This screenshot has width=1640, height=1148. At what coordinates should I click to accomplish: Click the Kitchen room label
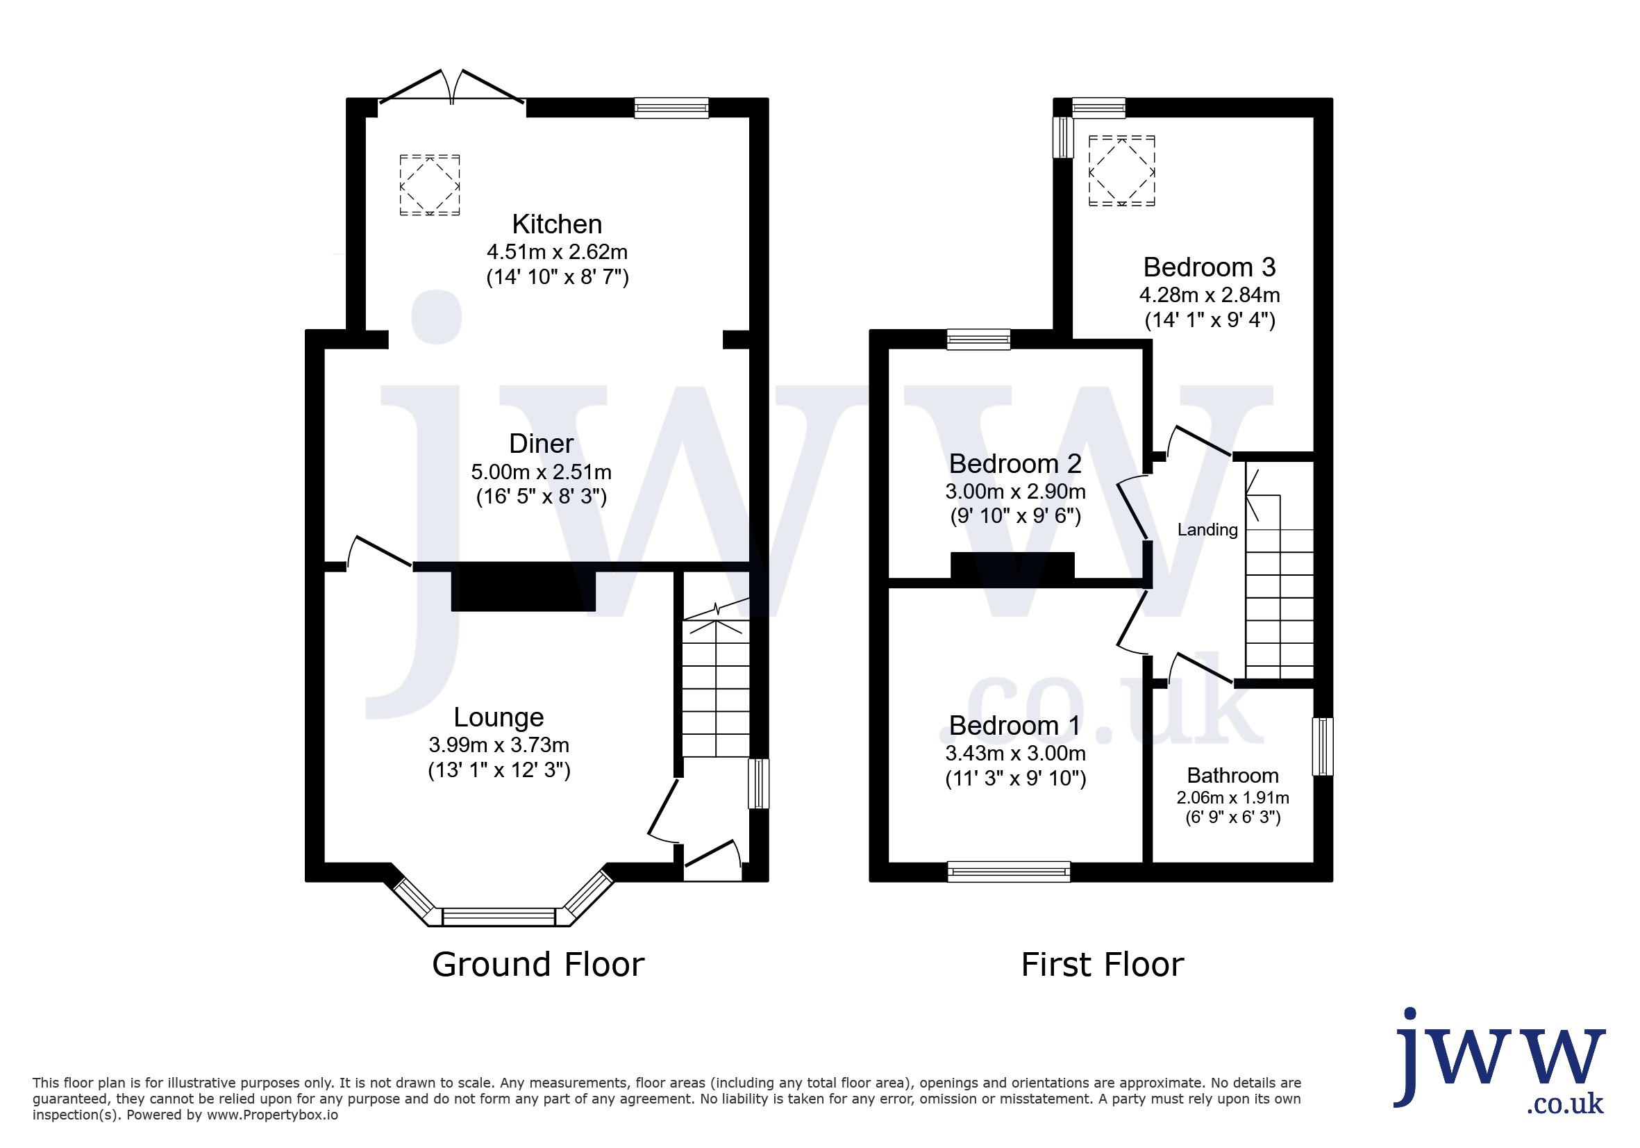point(557,224)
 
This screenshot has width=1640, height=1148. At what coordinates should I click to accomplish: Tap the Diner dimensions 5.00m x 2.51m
point(542,472)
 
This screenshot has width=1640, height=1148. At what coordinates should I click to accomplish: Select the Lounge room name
point(499,717)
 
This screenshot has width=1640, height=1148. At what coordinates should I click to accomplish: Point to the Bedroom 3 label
point(1210,267)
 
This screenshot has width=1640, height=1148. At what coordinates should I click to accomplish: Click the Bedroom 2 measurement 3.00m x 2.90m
point(1016,492)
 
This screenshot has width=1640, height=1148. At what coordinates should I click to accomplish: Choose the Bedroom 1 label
point(1015,726)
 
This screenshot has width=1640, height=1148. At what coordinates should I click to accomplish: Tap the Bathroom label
point(1233,776)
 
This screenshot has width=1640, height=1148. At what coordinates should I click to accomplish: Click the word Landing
point(1208,530)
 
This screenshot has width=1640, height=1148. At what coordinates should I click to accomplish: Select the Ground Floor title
point(538,965)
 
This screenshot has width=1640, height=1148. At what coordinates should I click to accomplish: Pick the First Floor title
point(1103,965)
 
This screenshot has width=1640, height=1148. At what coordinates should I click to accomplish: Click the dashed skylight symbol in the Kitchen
point(429,185)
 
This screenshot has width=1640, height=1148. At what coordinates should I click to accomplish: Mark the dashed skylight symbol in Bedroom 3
point(1121,171)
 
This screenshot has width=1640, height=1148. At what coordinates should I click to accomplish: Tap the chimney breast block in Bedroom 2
point(1012,565)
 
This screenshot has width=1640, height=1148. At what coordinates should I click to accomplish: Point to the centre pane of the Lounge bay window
point(499,917)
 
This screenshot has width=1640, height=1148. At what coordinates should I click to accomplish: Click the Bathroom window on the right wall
point(1323,747)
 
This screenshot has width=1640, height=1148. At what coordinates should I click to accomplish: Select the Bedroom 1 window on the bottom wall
point(1009,872)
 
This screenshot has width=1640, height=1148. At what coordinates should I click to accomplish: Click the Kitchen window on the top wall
point(671,108)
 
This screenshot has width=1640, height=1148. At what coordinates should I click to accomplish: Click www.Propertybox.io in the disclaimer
point(272,1115)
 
